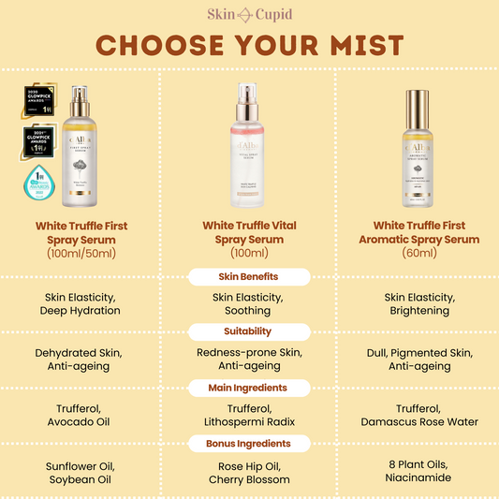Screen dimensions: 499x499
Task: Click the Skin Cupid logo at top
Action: [x=249, y=13]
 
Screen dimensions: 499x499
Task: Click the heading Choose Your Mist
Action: [x=249, y=45]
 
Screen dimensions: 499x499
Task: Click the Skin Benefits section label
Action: [x=249, y=276]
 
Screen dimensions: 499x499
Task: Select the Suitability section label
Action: [x=249, y=330]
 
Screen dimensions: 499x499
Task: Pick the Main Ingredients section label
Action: [x=249, y=387]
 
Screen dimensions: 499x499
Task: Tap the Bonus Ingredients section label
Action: [x=249, y=443]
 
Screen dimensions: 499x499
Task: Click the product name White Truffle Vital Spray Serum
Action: [x=249, y=232]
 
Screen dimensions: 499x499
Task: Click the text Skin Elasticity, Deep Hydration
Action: [x=81, y=303]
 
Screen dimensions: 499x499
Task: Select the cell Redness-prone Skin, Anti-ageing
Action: [x=249, y=360]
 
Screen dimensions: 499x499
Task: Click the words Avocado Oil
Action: [x=81, y=422]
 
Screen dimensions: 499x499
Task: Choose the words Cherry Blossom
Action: [x=249, y=478]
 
